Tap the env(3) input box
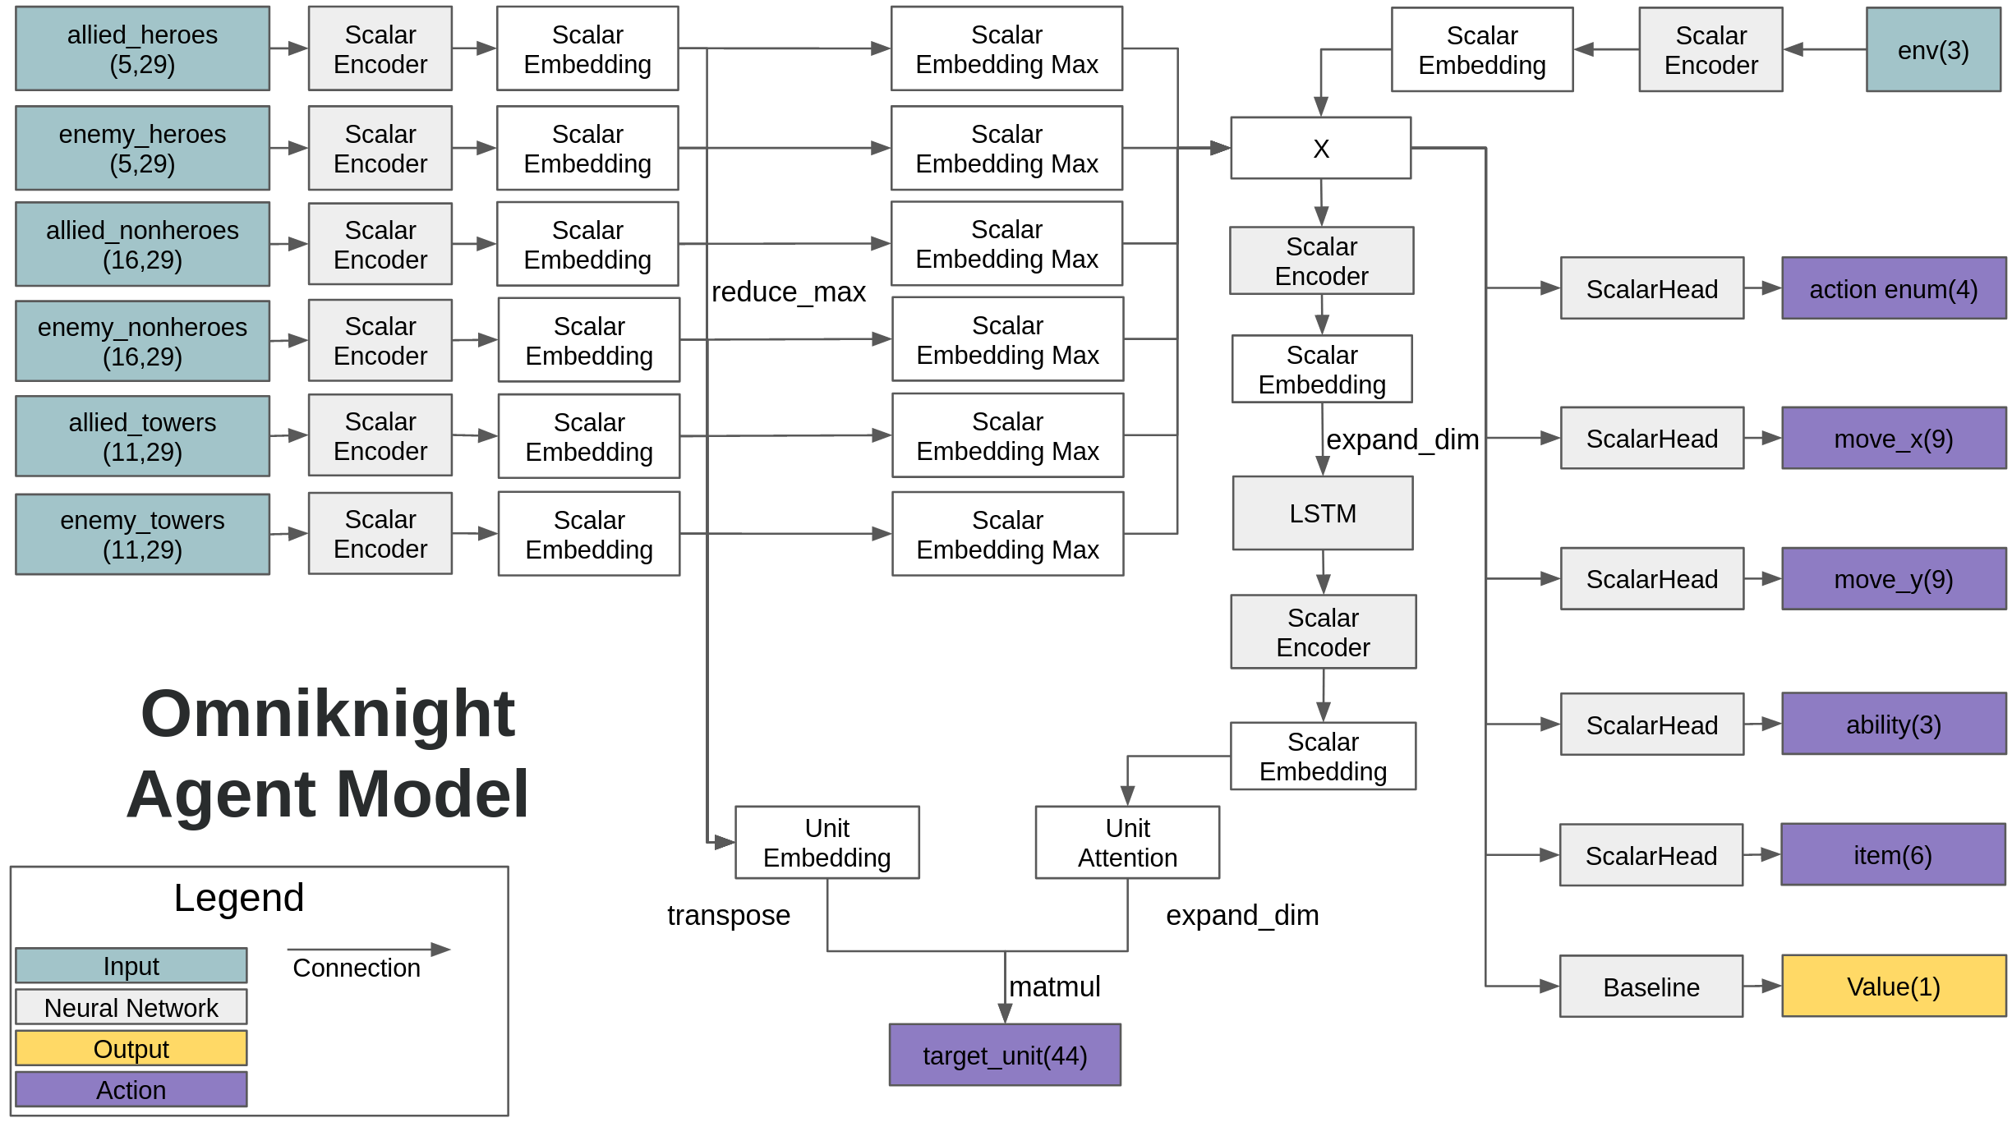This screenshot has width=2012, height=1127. point(1932,50)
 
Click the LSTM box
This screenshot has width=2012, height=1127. point(1322,513)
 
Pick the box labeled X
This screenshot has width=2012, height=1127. point(1320,149)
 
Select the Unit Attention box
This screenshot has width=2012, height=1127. point(1126,843)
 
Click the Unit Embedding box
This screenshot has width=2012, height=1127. point(826,843)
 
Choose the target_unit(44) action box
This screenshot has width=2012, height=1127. point(1004,1055)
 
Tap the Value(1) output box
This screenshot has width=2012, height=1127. point(1893,987)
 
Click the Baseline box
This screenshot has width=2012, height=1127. point(1651,987)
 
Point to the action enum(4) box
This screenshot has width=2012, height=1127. point(1893,289)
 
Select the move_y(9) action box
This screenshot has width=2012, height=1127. point(1893,579)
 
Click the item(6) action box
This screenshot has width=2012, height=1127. point(1892,855)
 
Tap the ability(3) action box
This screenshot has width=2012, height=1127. point(1893,724)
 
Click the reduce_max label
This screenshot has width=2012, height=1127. point(788,292)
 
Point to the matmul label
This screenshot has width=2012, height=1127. point(1054,987)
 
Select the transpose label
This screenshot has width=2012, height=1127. point(728,915)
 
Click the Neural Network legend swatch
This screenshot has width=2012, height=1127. point(131,1007)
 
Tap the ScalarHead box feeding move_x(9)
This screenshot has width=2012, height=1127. point(1651,439)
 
